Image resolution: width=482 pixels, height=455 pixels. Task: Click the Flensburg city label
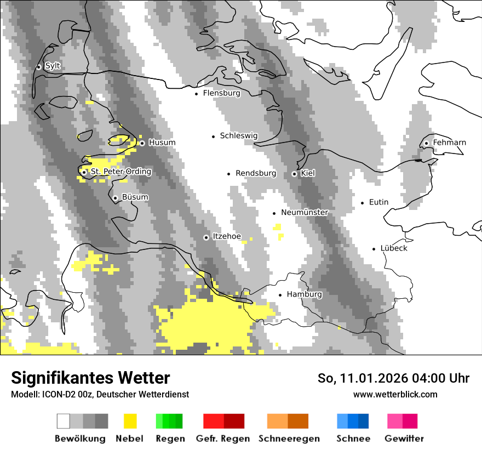pyautogui.click(x=221, y=93)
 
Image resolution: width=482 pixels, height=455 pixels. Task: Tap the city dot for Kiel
pyautogui.click(x=294, y=174)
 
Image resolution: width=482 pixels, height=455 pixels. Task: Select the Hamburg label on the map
pyautogui.click(x=304, y=294)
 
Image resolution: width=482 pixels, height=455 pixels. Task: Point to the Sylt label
pyautogui.click(x=53, y=66)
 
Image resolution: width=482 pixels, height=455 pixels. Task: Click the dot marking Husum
pyautogui.click(x=142, y=143)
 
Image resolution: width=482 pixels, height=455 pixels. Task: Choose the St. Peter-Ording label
pyautogui.click(x=120, y=172)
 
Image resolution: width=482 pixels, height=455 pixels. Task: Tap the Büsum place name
pyautogui.click(x=135, y=197)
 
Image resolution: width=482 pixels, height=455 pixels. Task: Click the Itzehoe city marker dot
pyautogui.click(x=206, y=237)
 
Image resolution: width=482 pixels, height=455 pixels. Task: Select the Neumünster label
pyautogui.click(x=305, y=212)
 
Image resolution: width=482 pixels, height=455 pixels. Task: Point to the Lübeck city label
pyautogui.click(x=394, y=248)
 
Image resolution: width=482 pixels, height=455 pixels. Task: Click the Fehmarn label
pyautogui.click(x=449, y=143)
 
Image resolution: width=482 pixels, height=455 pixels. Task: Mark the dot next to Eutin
pyautogui.click(x=362, y=203)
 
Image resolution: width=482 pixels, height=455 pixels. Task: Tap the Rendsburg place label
pyautogui.click(x=256, y=173)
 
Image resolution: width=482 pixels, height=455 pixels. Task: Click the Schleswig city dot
pyautogui.click(x=214, y=136)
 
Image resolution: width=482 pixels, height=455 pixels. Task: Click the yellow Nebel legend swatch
pyautogui.click(x=130, y=421)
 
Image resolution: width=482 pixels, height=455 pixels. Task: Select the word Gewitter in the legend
pyautogui.click(x=404, y=439)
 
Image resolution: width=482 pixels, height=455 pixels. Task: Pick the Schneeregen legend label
pyautogui.click(x=289, y=439)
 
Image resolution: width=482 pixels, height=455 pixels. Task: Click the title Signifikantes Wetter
pyautogui.click(x=90, y=378)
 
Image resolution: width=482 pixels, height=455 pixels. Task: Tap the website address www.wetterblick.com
pyautogui.click(x=395, y=394)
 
